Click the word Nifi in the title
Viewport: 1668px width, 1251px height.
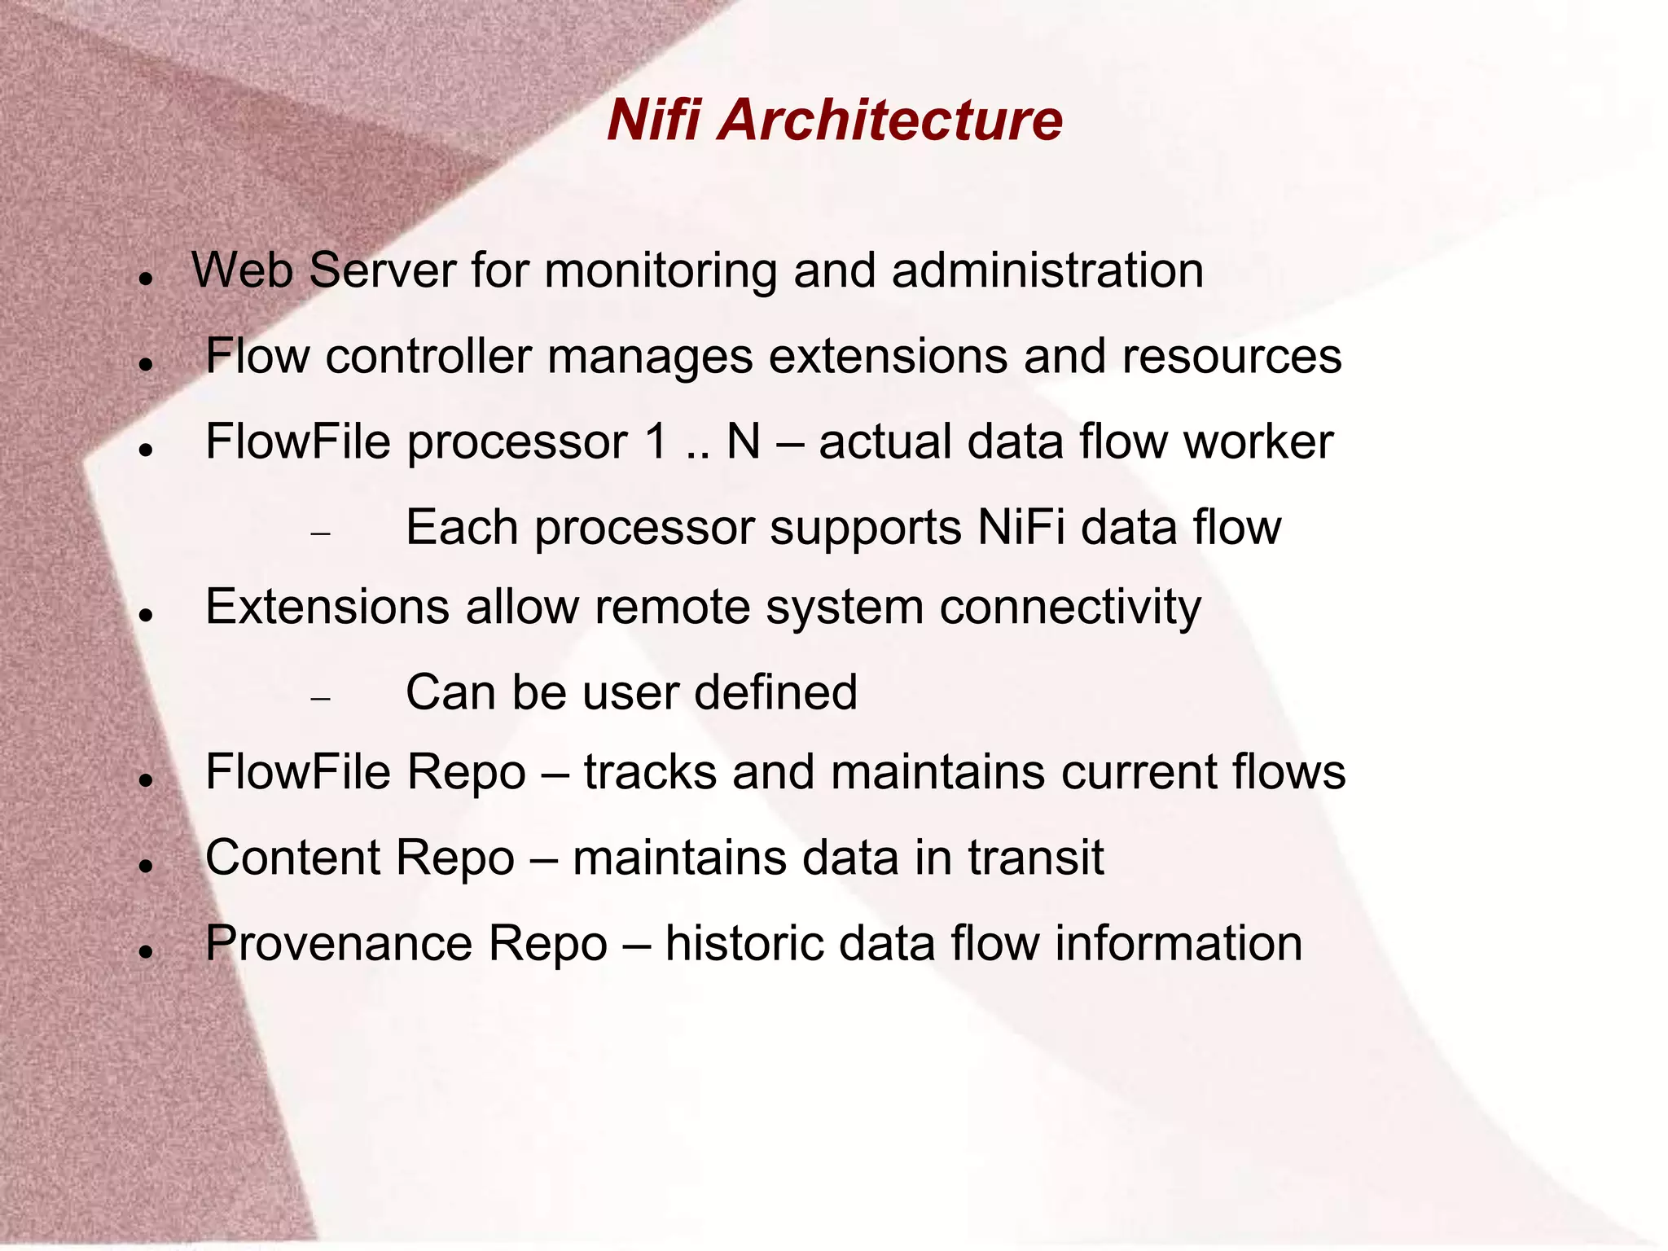click(653, 120)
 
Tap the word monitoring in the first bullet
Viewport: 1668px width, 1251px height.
click(661, 271)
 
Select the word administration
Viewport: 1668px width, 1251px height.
click(1047, 271)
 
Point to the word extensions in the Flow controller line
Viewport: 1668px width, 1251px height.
click(887, 357)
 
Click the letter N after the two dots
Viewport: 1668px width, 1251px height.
click(743, 442)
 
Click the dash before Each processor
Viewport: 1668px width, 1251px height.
click(321, 533)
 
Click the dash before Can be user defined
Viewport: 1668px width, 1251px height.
click(321, 699)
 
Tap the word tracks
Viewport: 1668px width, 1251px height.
click(650, 772)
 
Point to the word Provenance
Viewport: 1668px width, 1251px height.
click(339, 943)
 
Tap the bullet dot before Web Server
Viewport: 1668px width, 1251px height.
click(147, 279)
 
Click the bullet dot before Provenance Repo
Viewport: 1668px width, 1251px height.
click(147, 951)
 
